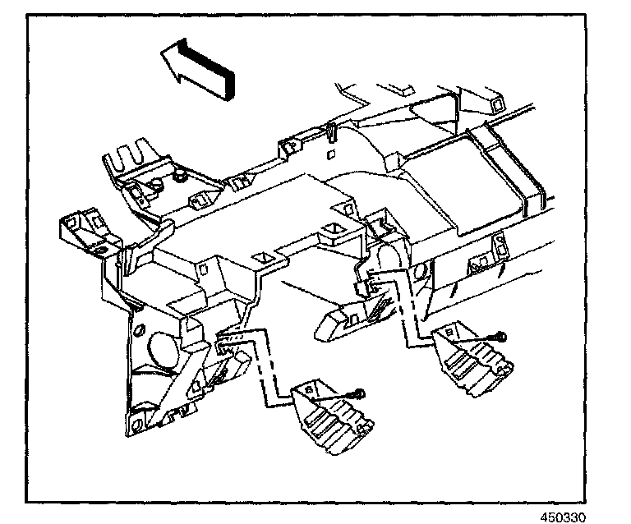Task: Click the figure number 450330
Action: coord(566,517)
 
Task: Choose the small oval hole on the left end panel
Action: coord(138,333)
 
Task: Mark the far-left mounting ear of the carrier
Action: coord(79,225)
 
